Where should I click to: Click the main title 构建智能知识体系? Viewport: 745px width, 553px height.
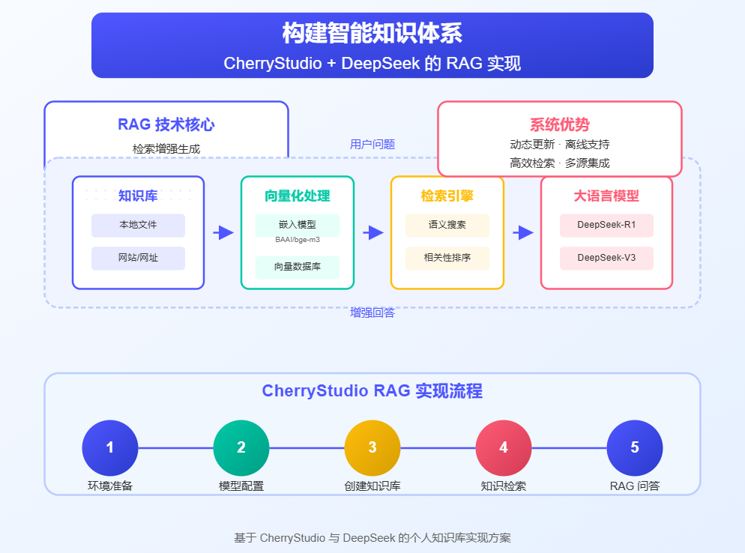(372, 34)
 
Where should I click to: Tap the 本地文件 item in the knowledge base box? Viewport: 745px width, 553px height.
(138, 225)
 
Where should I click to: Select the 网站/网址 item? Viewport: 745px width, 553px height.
(138, 258)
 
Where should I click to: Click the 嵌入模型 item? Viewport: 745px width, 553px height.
(298, 225)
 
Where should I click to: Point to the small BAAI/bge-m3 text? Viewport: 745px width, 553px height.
(298, 240)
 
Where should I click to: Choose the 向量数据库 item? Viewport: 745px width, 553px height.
(298, 267)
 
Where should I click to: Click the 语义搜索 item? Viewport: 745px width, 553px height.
(447, 225)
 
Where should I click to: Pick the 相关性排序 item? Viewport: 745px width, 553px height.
(447, 258)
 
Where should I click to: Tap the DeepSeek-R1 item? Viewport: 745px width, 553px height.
(606, 225)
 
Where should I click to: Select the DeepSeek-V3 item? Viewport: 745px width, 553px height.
(606, 258)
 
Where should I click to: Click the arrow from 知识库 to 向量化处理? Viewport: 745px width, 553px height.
(223, 233)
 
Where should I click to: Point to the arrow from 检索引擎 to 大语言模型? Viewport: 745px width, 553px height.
(523, 233)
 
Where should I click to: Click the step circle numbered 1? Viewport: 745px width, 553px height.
(110, 447)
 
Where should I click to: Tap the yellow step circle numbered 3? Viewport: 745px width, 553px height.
(372, 447)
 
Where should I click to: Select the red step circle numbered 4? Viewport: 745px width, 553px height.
(504, 447)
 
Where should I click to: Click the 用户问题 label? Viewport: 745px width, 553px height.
(372, 145)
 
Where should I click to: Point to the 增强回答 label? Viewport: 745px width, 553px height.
(372, 312)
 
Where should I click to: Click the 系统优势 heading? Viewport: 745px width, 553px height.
(559, 125)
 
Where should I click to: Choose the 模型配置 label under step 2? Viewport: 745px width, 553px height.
(241, 486)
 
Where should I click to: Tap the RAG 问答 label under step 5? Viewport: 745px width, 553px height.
(635, 486)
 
